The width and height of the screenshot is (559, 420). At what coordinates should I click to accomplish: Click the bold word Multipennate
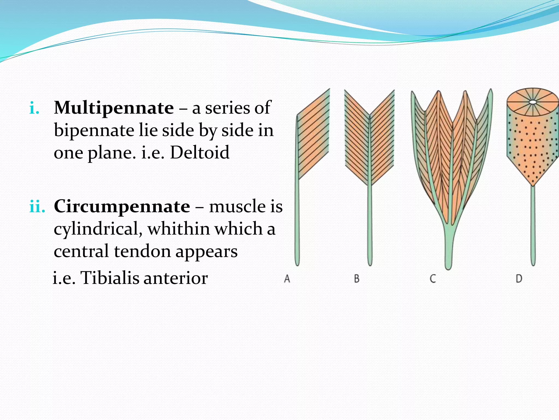coord(114,108)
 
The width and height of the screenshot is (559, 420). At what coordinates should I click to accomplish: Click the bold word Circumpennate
coord(122,206)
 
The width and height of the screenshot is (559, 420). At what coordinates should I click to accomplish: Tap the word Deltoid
coord(200,153)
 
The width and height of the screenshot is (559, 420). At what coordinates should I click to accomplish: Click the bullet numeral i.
coord(34,108)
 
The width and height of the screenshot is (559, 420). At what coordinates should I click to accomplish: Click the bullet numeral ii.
coord(37,207)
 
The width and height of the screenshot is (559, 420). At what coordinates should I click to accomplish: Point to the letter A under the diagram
coord(287,279)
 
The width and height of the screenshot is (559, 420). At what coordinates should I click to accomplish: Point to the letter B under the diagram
coord(356,279)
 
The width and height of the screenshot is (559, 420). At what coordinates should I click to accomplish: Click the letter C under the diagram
coord(433,279)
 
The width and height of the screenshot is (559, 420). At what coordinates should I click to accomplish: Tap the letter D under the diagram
coord(519,279)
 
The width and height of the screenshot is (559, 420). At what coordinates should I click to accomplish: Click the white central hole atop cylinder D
coord(533,102)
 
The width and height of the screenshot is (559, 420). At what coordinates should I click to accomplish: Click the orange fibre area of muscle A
coord(314,137)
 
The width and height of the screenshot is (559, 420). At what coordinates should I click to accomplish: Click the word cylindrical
coord(98,229)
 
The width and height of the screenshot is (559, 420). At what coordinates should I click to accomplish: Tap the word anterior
coord(176,278)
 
